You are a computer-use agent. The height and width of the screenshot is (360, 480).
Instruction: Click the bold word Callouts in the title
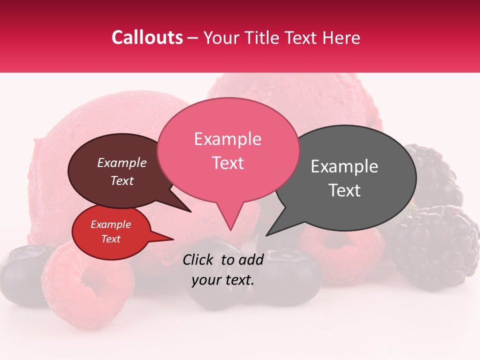coord(147,37)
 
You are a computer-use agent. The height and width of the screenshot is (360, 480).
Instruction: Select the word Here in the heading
coord(340,37)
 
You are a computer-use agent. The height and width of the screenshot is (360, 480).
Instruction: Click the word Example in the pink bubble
coord(227,139)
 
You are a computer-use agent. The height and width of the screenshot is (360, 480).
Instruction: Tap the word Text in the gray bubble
coord(344,190)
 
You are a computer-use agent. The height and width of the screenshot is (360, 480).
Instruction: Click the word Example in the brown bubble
coord(121,162)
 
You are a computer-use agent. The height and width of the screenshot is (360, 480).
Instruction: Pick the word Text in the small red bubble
coord(110,239)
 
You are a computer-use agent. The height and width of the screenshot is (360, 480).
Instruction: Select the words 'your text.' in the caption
coord(223,280)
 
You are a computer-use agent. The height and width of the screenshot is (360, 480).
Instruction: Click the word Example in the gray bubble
coord(344,166)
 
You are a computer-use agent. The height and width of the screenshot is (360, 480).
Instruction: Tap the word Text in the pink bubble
coord(227,163)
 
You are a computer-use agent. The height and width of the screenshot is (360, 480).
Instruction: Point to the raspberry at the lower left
coord(87,285)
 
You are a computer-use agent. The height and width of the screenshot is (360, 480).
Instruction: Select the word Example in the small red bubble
coord(110,224)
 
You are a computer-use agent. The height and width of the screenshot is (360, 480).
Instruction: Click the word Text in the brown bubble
coord(121,180)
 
